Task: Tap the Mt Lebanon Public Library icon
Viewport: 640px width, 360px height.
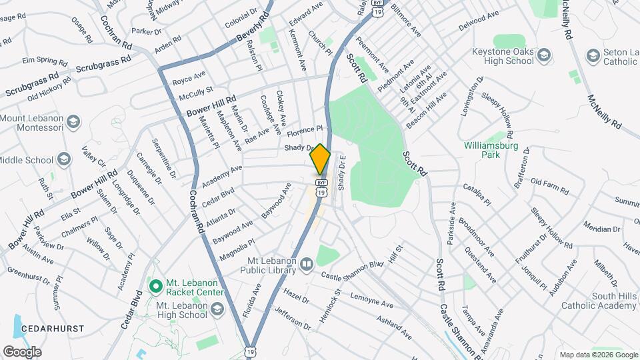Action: [306, 265]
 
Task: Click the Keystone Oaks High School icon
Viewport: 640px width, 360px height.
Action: [545, 55]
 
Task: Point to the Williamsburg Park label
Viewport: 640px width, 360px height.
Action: [491, 150]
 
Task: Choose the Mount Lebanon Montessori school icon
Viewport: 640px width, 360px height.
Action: [73, 122]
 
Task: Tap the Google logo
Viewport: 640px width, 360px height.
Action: [22, 351]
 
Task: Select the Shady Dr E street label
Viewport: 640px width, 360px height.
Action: [341, 173]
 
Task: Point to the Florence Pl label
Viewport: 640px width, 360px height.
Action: [305, 129]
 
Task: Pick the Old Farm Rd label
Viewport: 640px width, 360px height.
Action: [549, 186]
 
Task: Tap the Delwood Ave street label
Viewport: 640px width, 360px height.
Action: [478, 21]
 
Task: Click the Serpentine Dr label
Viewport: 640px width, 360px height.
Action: [163, 158]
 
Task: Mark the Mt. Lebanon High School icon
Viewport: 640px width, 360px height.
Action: [217, 309]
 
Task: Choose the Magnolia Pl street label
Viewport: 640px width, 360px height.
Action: [233, 250]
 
